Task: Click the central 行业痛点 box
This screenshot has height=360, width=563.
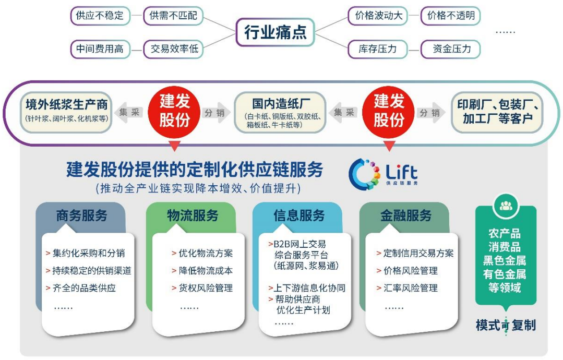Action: pyautogui.click(x=275, y=32)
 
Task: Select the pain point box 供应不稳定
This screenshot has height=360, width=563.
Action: pyautogui.click(x=100, y=16)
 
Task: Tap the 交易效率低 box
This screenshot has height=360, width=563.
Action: pyautogui.click(x=174, y=49)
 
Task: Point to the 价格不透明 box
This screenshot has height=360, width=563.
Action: pyautogui.click(x=451, y=16)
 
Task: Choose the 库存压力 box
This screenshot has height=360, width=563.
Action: pyautogui.click(x=377, y=49)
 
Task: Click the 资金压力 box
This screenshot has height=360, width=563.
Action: pyautogui.click(x=451, y=49)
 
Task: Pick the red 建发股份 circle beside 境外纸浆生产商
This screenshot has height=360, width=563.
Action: pyautogui.click(x=174, y=111)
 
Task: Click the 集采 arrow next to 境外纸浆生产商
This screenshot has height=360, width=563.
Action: pyautogui.click(x=128, y=112)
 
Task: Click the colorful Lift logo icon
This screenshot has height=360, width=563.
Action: pyautogui.click(x=363, y=173)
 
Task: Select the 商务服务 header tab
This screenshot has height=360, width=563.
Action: pyautogui.click(x=81, y=215)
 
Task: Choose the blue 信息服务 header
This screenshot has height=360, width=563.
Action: pyautogui.click(x=298, y=215)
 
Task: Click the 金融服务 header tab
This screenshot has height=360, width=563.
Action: pyautogui.click(x=405, y=215)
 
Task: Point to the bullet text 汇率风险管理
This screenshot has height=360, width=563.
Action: pyautogui.click(x=411, y=288)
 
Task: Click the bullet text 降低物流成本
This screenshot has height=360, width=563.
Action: pyautogui.click(x=205, y=271)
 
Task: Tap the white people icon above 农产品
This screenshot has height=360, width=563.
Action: pyautogui.click(x=505, y=206)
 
